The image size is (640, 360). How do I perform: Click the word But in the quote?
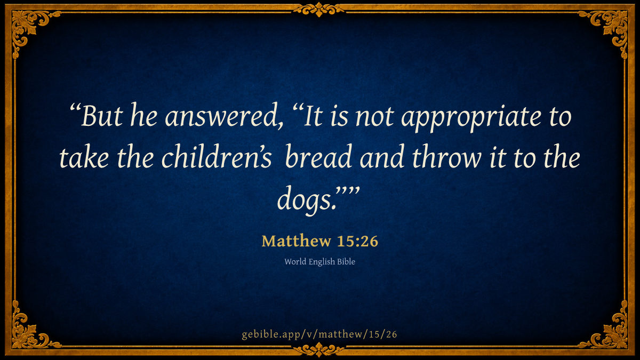tap(102, 116)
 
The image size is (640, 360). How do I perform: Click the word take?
tap(84, 157)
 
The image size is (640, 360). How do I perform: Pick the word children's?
tap(217, 156)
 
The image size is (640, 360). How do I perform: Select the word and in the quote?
tap(382, 156)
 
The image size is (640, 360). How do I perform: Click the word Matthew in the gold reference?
tap(296, 241)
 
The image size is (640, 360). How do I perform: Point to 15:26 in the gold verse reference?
tap(357, 241)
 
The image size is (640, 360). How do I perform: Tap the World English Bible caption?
tap(319, 262)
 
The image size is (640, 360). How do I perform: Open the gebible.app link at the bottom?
tap(319, 334)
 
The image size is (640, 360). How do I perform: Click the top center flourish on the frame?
tap(319, 10)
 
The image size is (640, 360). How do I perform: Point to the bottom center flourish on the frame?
tap(319, 350)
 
